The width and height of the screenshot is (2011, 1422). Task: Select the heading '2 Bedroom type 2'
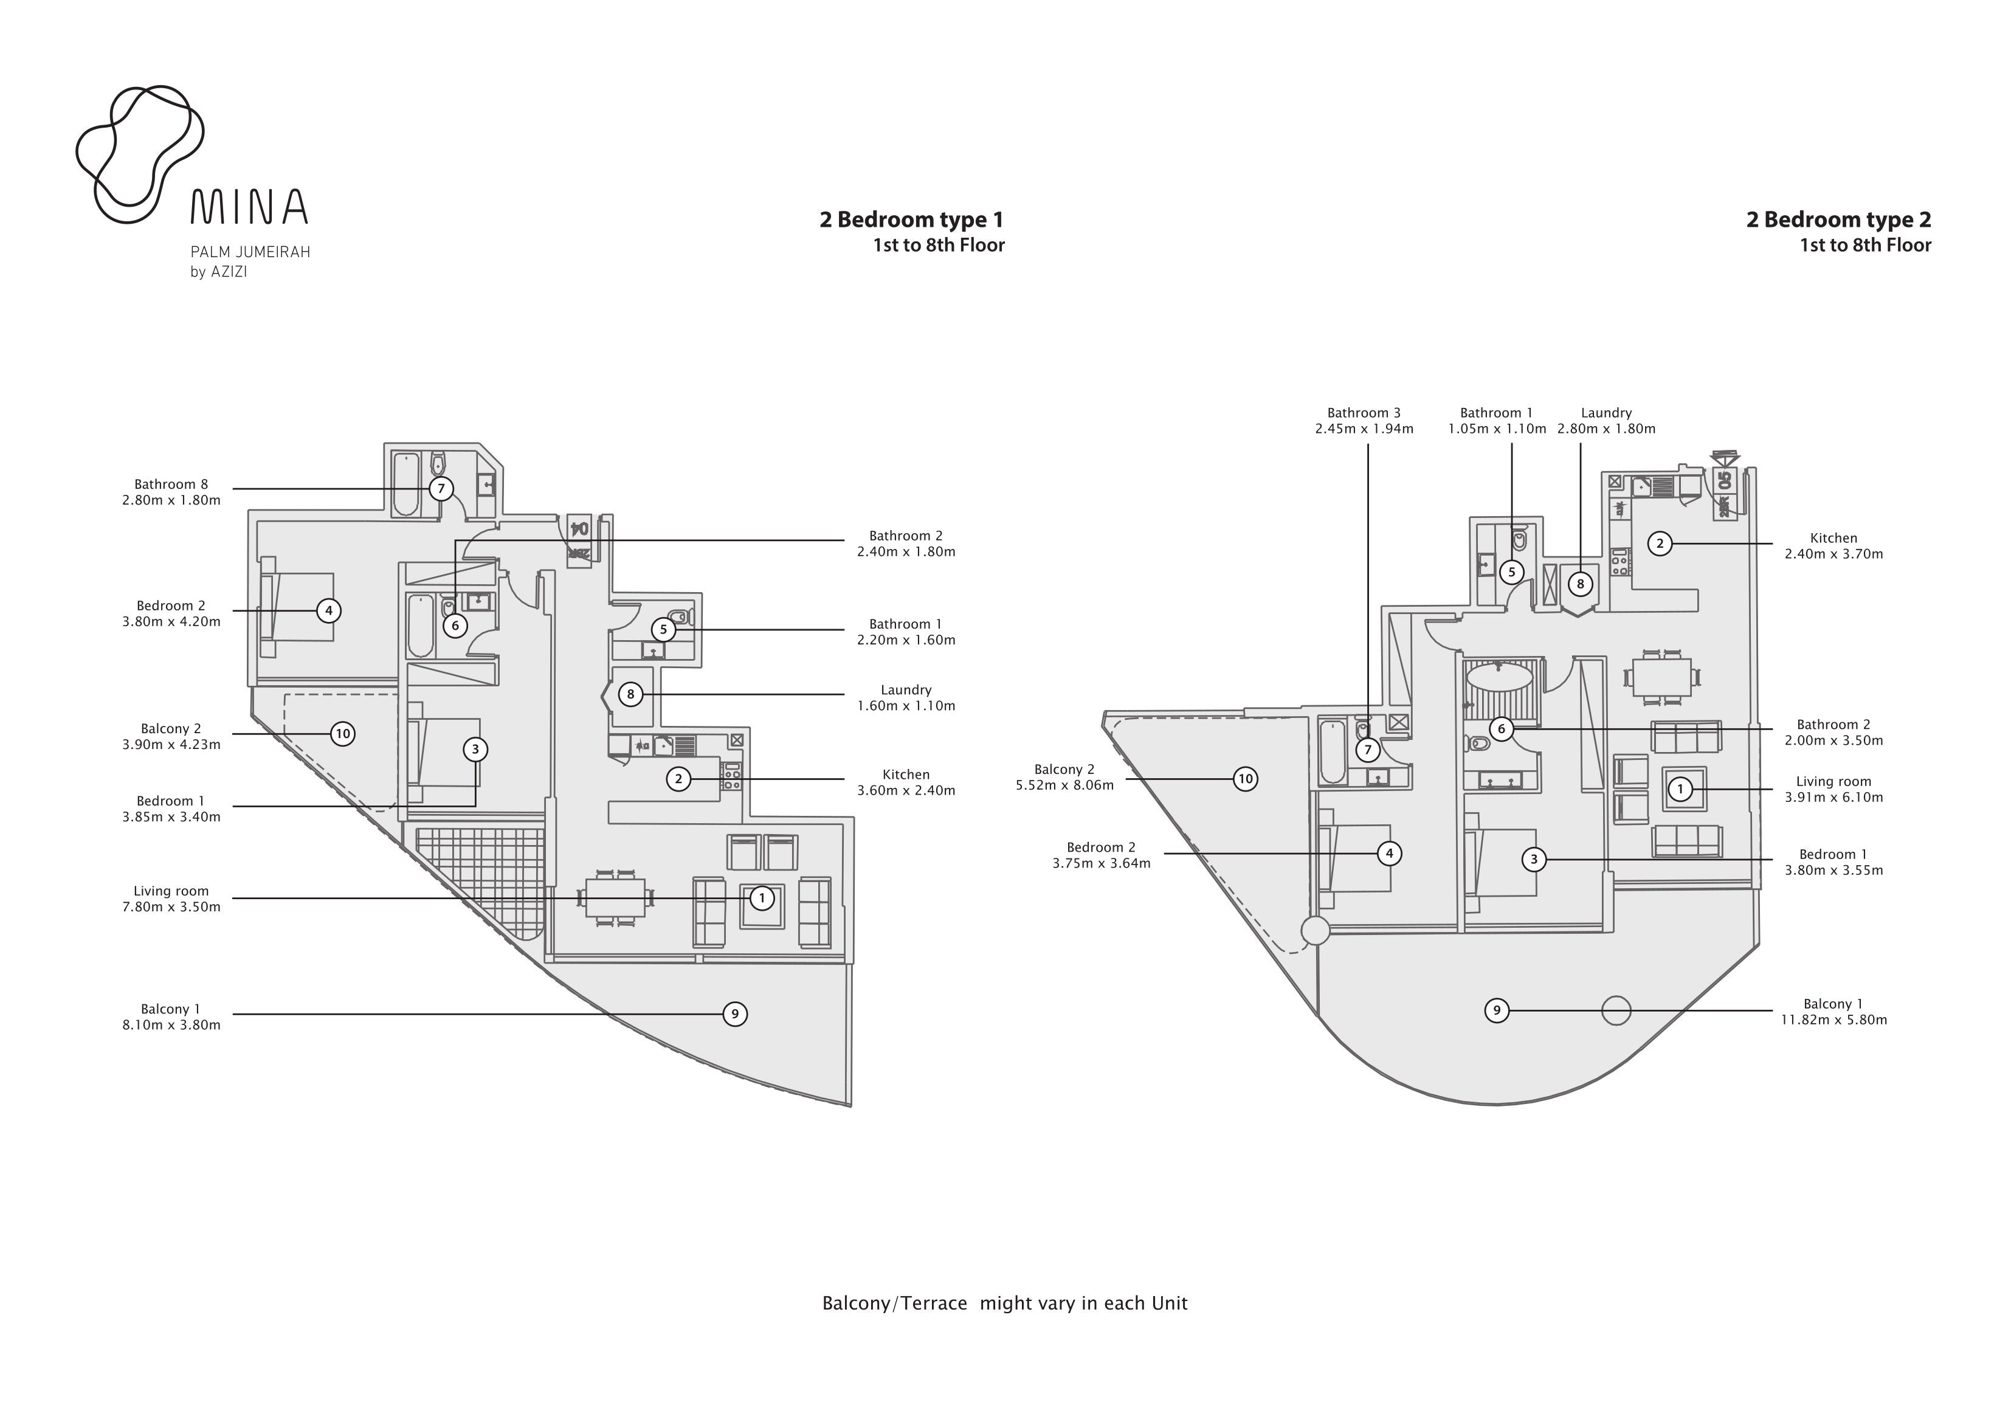coord(1838,220)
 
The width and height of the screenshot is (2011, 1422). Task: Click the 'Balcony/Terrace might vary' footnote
coord(1005,1303)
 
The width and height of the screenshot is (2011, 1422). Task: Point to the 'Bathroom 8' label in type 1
coord(171,485)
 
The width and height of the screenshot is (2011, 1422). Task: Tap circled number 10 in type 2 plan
coord(1246,778)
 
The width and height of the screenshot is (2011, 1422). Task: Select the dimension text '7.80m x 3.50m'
coord(171,907)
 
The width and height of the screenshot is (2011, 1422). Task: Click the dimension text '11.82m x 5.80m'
coord(1833,1020)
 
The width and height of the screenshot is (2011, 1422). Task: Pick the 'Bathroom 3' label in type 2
coord(1364,413)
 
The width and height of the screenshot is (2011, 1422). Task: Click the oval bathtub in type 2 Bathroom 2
coord(1500,677)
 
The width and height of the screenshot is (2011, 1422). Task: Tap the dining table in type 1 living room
coord(615,898)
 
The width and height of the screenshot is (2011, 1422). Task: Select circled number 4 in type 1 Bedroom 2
coord(328,610)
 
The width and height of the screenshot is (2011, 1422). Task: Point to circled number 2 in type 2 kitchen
coord(1659,544)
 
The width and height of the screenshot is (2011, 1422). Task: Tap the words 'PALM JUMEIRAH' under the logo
coord(250,252)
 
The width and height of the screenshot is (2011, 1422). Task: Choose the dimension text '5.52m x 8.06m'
coord(1064,785)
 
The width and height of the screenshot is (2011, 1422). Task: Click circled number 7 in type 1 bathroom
coord(441,489)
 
